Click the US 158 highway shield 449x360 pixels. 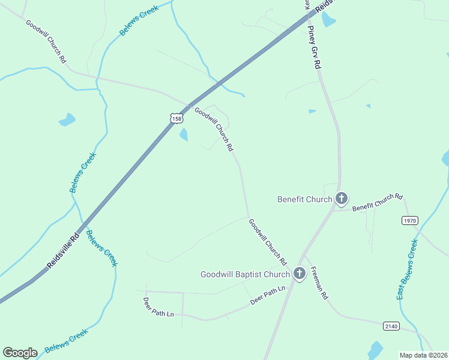(x=176, y=118)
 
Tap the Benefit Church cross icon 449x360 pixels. (x=342, y=198)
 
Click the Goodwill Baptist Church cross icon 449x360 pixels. (x=300, y=274)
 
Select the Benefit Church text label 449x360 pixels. (x=305, y=199)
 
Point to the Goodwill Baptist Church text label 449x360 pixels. (x=245, y=275)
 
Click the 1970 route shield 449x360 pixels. (x=410, y=220)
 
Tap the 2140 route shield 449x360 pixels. (x=391, y=325)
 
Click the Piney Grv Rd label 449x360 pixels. (x=315, y=47)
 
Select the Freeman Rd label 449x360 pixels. (x=319, y=283)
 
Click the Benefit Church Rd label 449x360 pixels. (x=378, y=202)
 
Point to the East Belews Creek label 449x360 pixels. (x=407, y=269)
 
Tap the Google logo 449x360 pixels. (x=20, y=353)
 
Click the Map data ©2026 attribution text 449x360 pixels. (x=423, y=355)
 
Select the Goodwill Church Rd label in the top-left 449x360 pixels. (x=46, y=41)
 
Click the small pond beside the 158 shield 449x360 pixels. (x=184, y=135)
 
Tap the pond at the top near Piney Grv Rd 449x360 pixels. (x=328, y=19)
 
